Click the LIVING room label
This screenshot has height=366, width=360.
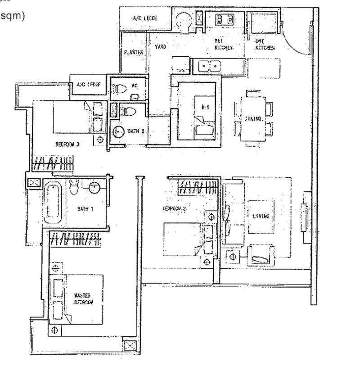click(x=261, y=216)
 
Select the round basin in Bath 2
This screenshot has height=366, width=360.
click(x=118, y=132)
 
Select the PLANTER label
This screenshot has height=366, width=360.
click(x=134, y=53)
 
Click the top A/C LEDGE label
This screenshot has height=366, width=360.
click(x=143, y=18)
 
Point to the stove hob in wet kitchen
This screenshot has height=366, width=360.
click(x=224, y=19)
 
